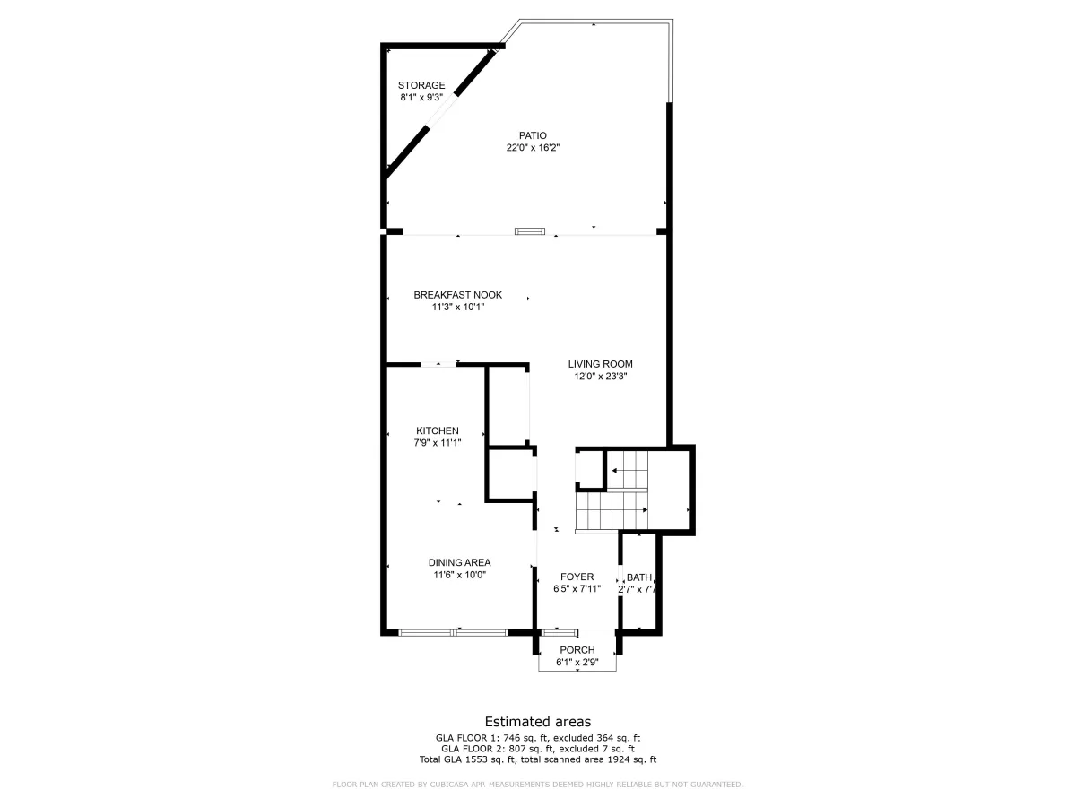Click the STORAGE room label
tap(421, 85)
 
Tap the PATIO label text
tap(533, 135)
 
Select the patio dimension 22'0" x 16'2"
tap(533, 147)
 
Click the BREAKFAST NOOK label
tap(458, 295)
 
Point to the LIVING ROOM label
tap(601, 364)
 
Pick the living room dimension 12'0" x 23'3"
tap(601, 377)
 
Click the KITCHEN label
tap(438, 430)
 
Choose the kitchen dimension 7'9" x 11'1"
tap(438, 443)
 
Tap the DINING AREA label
tap(459, 562)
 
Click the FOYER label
tap(577, 577)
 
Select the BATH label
tap(639, 577)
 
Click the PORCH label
tap(577, 650)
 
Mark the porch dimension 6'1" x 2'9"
tap(577, 663)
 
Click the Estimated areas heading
tap(538, 722)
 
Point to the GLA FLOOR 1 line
tap(538, 738)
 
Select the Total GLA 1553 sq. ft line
tap(538, 759)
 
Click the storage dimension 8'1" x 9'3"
tap(421, 98)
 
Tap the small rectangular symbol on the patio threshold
tap(530, 231)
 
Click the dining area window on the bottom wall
tap(453, 633)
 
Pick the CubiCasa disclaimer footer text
tap(538, 785)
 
